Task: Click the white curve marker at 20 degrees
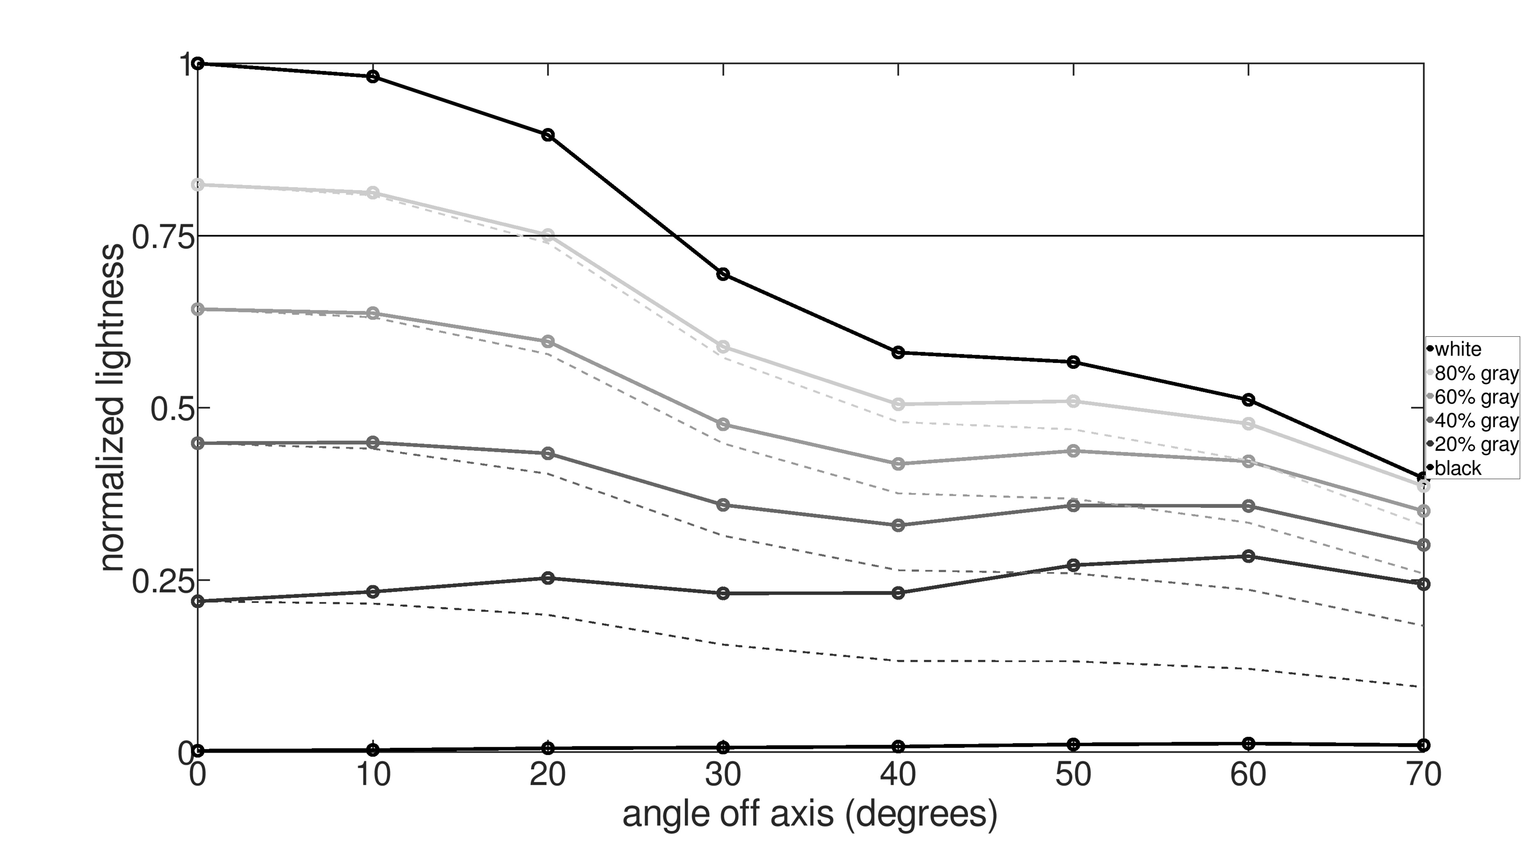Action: [548, 135]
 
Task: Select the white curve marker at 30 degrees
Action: [723, 274]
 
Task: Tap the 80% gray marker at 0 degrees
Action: [198, 185]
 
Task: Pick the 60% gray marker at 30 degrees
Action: [723, 425]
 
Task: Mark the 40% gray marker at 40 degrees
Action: [898, 525]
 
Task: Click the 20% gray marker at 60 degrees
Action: [1248, 556]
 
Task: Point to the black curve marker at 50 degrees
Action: [1073, 744]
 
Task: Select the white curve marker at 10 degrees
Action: [373, 76]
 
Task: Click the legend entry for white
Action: [1458, 349]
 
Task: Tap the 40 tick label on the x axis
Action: [898, 775]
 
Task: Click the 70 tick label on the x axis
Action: [1423, 775]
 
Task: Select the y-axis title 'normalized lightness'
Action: [112, 407]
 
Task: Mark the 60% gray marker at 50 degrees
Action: [1073, 451]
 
